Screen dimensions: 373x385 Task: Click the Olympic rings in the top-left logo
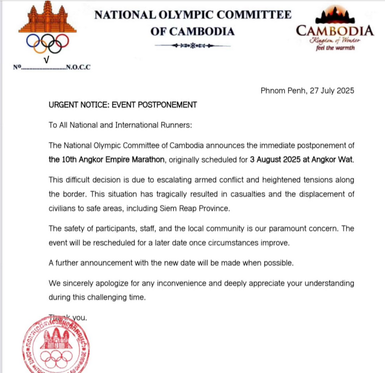(x=47, y=44)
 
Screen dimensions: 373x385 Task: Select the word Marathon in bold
(x=148, y=160)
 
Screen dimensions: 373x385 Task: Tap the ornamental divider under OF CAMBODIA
(x=192, y=45)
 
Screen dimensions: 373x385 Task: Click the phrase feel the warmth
(x=334, y=48)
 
